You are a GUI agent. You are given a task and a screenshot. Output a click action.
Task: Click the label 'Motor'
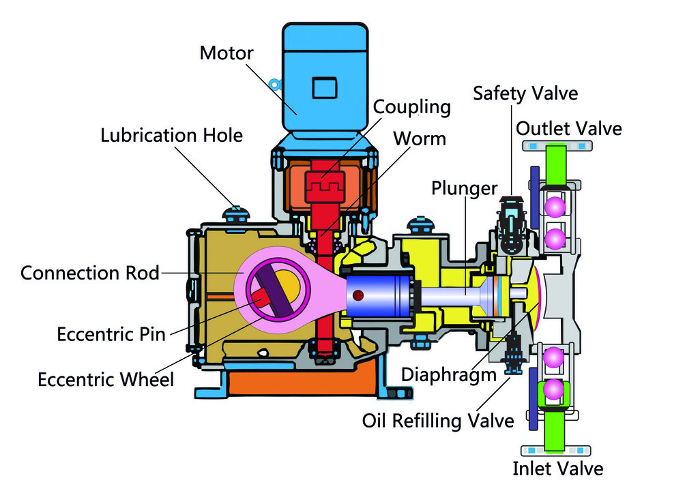point(227,53)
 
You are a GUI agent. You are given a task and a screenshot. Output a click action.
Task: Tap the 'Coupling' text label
point(411,107)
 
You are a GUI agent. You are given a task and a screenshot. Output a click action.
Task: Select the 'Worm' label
point(420,139)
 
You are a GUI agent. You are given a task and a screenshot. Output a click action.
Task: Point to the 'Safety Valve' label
point(525,93)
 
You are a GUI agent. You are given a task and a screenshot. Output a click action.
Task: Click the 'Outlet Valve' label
point(569,129)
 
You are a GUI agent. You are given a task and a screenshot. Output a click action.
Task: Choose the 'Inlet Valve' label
point(558,468)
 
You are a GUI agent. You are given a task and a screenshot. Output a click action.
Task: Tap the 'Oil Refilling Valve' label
point(438,421)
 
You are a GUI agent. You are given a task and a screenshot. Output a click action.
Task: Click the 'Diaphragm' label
point(449,375)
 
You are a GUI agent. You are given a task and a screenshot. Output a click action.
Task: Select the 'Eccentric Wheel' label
point(106,380)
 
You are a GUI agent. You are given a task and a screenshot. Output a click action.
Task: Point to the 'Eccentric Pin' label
point(111,334)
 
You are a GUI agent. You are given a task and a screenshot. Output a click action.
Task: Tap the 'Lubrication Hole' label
point(171,135)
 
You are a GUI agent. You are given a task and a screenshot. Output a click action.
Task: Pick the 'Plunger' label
point(465,189)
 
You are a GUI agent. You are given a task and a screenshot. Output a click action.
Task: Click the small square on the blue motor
point(325,88)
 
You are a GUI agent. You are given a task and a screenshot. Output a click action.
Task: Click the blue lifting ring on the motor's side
point(275,83)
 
